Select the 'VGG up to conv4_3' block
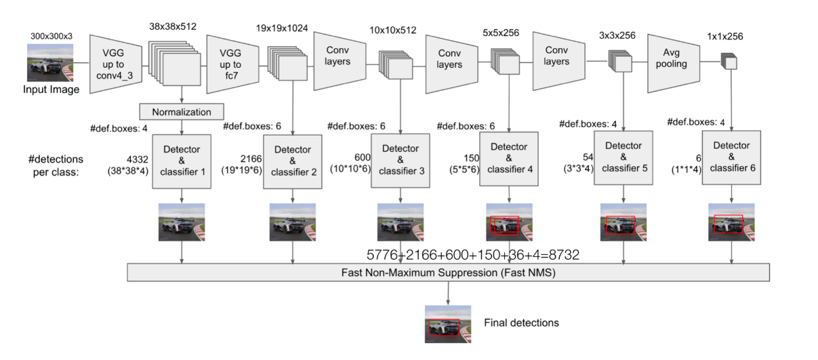116,62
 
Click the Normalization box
181,111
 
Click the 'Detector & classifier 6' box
731,158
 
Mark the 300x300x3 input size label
51,35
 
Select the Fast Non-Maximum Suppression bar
448,273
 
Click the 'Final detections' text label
521,323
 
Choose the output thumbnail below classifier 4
509,222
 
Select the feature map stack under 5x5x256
505,63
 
